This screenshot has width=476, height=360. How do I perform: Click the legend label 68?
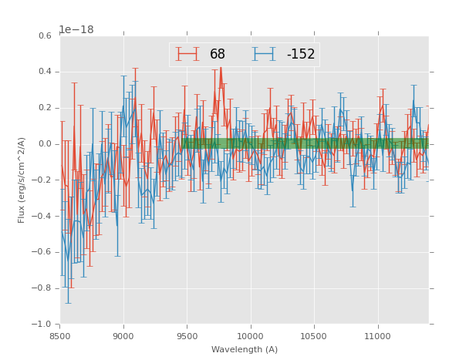[x=217, y=55]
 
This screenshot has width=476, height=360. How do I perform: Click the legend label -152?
[x=300, y=55]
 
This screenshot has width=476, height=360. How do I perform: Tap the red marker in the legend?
[x=187, y=55]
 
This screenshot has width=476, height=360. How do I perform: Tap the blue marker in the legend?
[x=265, y=55]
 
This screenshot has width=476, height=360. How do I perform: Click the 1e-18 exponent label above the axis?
[x=76, y=30]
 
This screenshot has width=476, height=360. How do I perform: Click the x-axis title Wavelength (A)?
[x=244, y=350]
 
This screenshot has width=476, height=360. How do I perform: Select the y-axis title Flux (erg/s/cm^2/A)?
[x=22, y=180]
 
